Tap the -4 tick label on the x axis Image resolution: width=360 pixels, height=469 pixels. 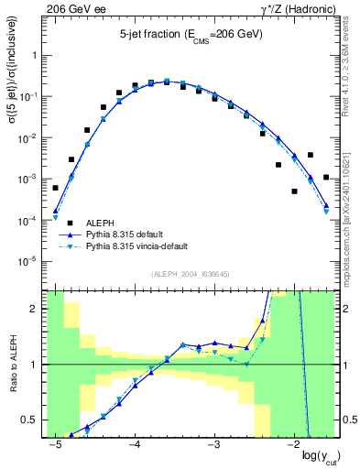click(x=134, y=444)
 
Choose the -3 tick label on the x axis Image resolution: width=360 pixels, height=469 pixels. click(x=213, y=444)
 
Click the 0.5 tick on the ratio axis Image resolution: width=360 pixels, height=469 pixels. click(x=35, y=420)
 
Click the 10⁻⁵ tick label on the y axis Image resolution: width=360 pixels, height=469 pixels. click(x=32, y=262)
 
